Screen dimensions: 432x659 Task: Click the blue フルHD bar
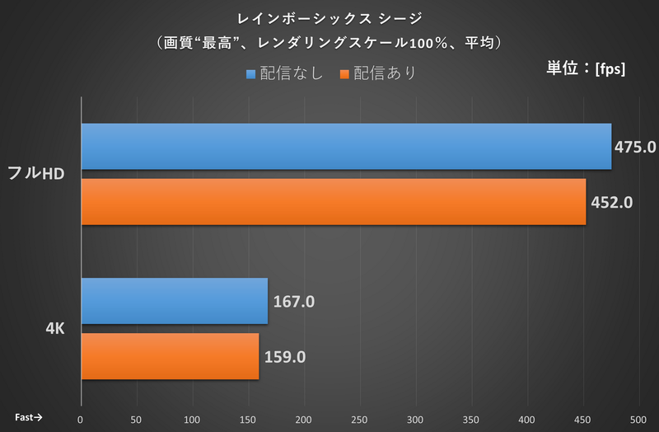pyautogui.click(x=346, y=147)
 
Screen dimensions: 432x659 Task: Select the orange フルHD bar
pyautogui.click(x=334, y=201)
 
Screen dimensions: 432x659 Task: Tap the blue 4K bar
pyautogui.click(x=175, y=301)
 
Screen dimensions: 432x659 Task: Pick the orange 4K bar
pyautogui.click(x=171, y=356)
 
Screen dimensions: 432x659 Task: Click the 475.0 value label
pyautogui.click(x=635, y=148)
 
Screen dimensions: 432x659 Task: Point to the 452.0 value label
pyautogui.click(x=611, y=202)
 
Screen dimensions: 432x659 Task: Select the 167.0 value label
pyautogui.click(x=294, y=302)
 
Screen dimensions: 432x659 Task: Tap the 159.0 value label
pyautogui.click(x=286, y=357)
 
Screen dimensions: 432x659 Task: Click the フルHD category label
pyautogui.click(x=36, y=174)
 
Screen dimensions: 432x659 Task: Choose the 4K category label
pyautogui.click(x=56, y=328)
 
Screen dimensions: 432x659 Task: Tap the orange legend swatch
pyautogui.click(x=344, y=74)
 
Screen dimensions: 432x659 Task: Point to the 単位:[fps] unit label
pyautogui.click(x=586, y=68)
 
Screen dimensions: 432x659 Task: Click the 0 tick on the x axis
pyautogui.click(x=81, y=419)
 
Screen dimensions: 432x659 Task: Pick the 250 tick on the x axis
pyautogui.click(x=359, y=419)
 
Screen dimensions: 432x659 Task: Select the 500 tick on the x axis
pyautogui.click(x=638, y=419)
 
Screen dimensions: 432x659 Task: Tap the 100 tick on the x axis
pyautogui.click(x=192, y=419)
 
